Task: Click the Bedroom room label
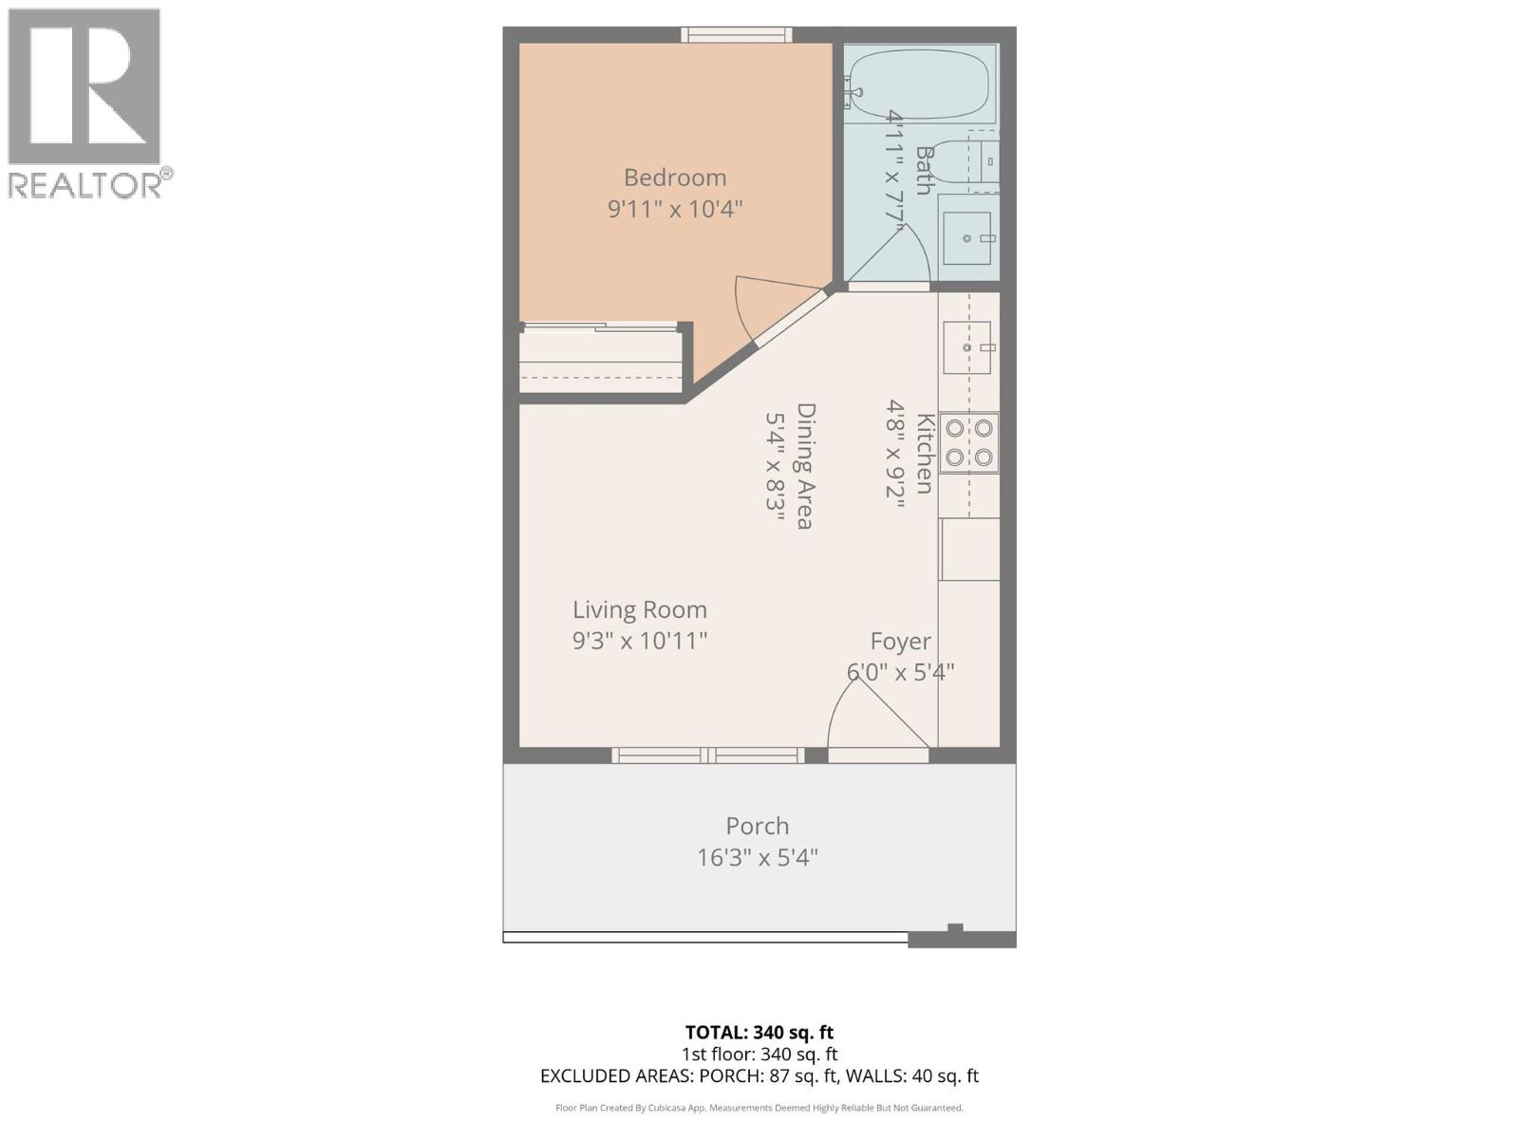[x=675, y=177]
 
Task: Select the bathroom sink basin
[x=967, y=238]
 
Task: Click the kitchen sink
[x=967, y=347]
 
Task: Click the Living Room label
[x=639, y=609]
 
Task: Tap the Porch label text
[x=758, y=826]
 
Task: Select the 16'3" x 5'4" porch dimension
[x=758, y=858]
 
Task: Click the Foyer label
[x=901, y=642]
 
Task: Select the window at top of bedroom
[x=737, y=35]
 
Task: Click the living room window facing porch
[x=707, y=756]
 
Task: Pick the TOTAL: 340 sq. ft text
[x=759, y=1032]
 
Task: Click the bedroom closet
[x=602, y=362]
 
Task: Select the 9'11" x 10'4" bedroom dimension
[x=675, y=209]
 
